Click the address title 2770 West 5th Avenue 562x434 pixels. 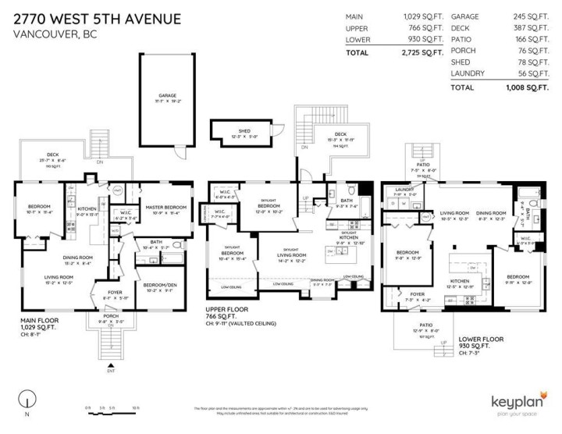point(97,18)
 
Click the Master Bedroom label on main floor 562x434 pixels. point(163,208)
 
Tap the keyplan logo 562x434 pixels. point(518,402)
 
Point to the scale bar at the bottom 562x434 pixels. point(114,408)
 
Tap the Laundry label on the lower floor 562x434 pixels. point(404,190)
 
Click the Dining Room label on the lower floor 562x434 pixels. point(491,213)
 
